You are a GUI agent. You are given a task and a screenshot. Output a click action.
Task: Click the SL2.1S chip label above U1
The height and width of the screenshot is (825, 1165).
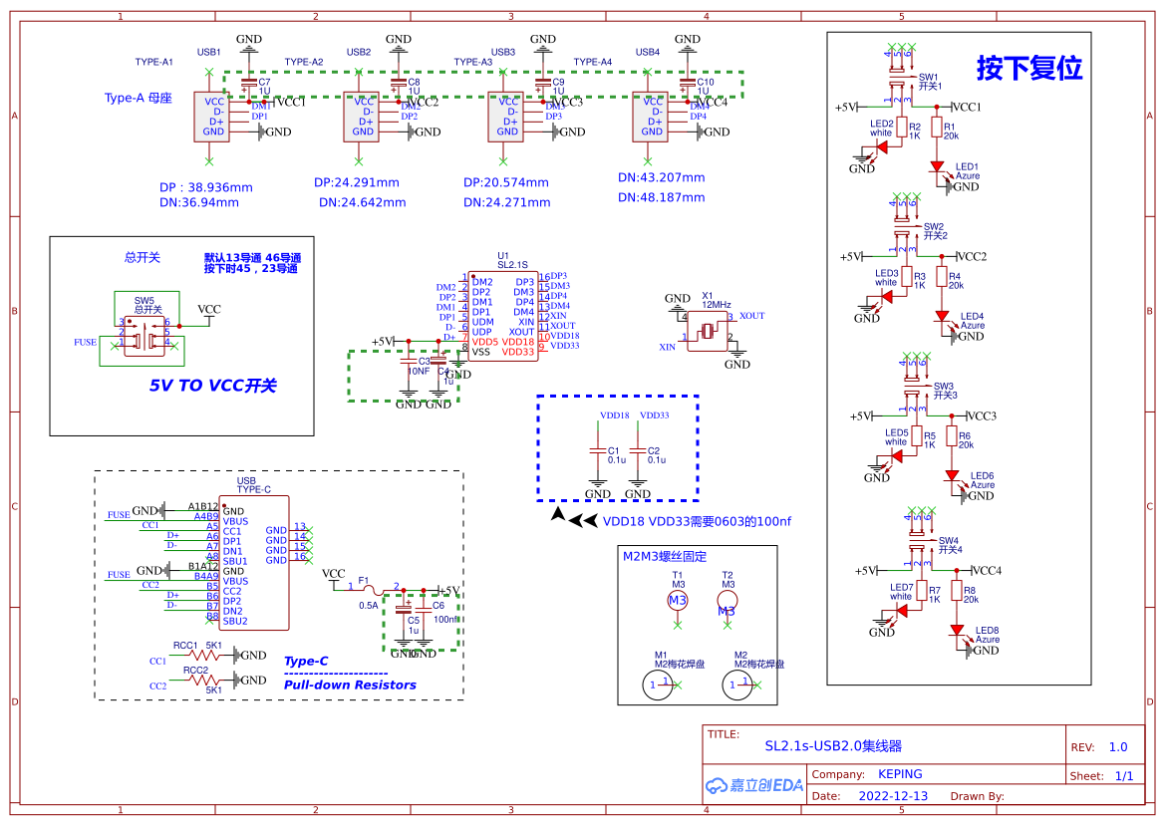point(511,264)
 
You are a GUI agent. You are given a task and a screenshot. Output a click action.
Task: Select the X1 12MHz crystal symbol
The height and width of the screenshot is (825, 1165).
point(710,330)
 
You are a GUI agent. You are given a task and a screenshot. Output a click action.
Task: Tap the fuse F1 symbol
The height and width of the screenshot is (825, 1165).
point(367,591)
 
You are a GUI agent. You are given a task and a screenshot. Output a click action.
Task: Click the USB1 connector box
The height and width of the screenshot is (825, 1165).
point(210,117)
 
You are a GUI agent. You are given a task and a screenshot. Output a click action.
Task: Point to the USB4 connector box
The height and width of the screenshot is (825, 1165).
point(652,117)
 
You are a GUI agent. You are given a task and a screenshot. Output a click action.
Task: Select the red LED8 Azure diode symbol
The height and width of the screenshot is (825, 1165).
point(958,631)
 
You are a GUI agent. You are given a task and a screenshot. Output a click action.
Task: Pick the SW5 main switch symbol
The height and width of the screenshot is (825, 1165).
point(146,334)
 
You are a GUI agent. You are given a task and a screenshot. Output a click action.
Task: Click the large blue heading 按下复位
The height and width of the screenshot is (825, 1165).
point(1028,69)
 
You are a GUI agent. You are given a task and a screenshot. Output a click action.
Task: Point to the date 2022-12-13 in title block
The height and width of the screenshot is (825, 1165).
point(892,796)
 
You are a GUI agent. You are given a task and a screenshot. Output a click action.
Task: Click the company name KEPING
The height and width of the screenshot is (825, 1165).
point(900,774)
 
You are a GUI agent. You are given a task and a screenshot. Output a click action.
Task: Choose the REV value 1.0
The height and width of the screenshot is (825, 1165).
point(1118,747)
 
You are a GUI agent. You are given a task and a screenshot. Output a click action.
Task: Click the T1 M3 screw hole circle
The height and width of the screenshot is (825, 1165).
point(678,600)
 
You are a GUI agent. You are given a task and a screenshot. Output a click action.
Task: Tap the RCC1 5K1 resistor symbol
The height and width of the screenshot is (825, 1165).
point(208,655)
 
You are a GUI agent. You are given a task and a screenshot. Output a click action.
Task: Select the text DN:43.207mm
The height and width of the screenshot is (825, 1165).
point(661,177)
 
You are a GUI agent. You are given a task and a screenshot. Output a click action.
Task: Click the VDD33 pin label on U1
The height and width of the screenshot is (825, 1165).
point(518,352)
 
